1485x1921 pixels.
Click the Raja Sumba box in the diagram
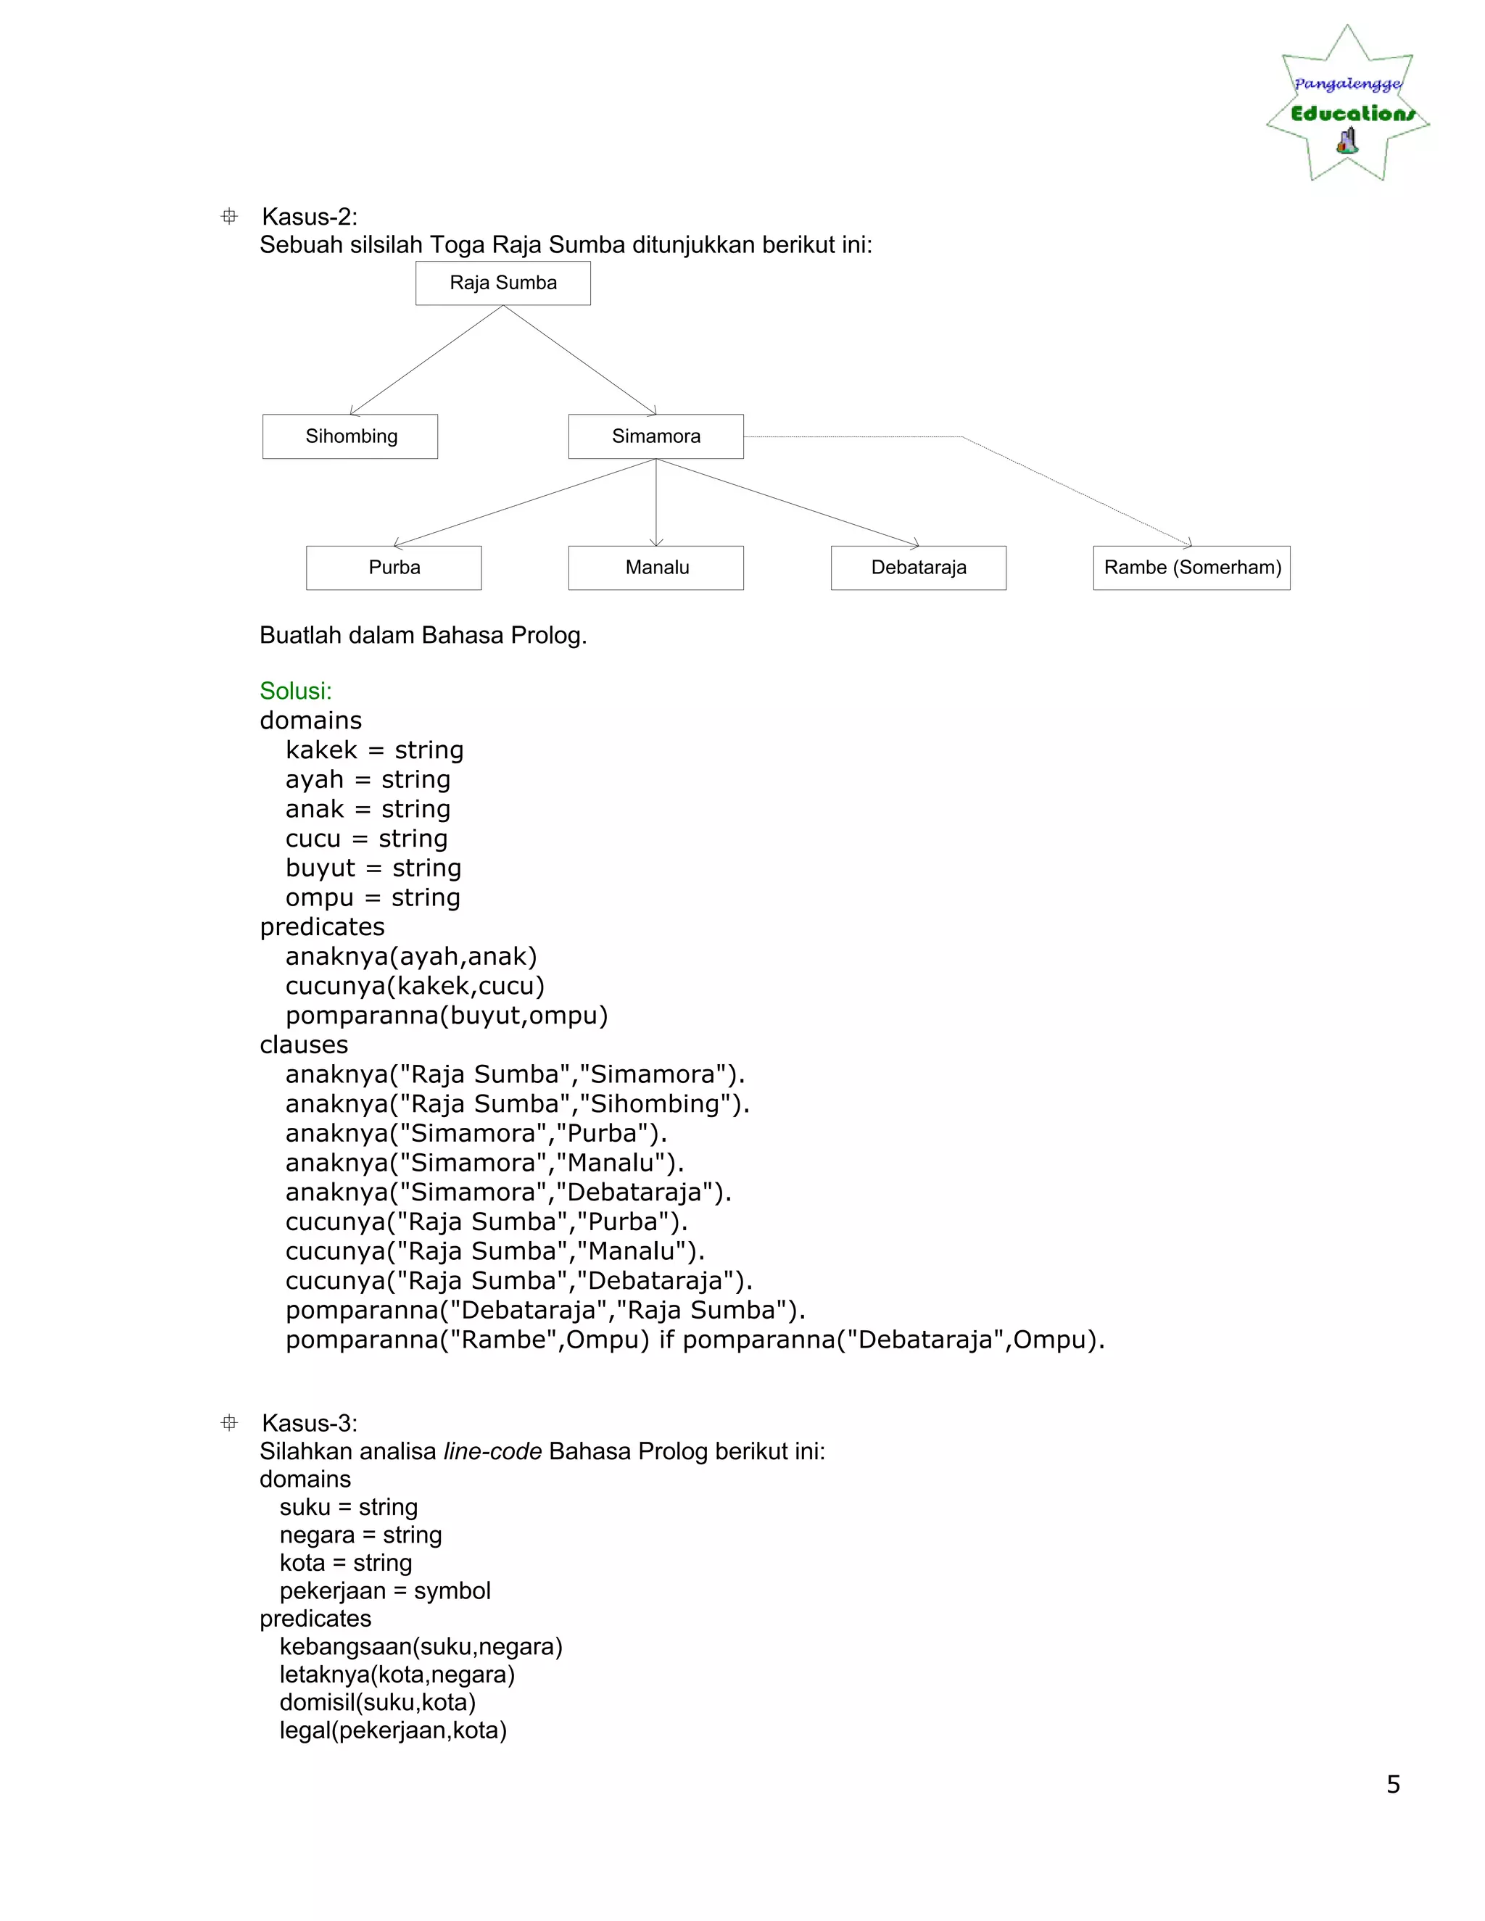[x=502, y=283]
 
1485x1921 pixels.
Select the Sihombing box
[x=350, y=436]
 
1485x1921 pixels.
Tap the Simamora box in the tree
[x=655, y=436]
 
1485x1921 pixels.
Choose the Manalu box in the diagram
[x=655, y=568]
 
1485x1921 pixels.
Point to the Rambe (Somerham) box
[x=1191, y=568]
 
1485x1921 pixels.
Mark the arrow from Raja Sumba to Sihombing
[x=426, y=360]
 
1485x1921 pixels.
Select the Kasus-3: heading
[x=310, y=1422]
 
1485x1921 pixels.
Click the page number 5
[x=1393, y=1784]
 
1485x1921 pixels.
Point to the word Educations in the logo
[x=1352, y=114]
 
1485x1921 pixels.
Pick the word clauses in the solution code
[x=304, y=1045]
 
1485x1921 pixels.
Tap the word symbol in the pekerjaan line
[x=452, y=1590]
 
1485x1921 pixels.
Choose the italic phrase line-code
[x=492, y=1451]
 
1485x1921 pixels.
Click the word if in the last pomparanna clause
[x=666, y=1340]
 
